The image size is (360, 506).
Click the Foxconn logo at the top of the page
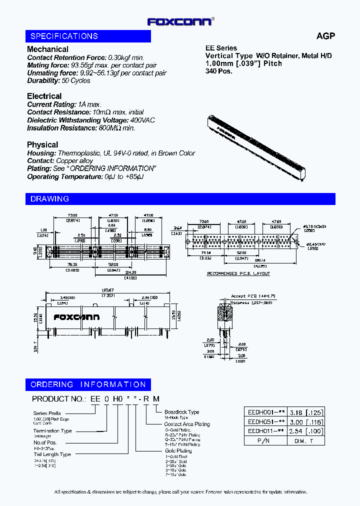tap(180, 21)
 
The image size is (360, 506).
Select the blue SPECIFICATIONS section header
tap(88, 36)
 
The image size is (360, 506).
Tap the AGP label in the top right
tap(325, 36)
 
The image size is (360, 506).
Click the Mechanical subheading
tap(47, 49)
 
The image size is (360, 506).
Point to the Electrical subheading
tap(44, 96)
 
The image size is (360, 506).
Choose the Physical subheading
tap(42, 144)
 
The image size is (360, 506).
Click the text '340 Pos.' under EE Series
tap(219, 71)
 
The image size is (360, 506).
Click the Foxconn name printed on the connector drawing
tap(76, 317)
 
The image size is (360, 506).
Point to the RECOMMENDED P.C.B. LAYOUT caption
tap(238, 273)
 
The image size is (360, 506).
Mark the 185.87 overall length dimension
tap(107, 289)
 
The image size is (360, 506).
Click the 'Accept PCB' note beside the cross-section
tap(253, 296)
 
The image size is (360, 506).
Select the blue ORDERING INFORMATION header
tap(88, 384)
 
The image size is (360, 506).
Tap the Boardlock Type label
tap(181, 412)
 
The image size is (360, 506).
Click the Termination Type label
tap(52, 430)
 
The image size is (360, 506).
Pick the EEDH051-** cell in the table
tap(266, 421)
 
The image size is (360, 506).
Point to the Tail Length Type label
tap(52, 454)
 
